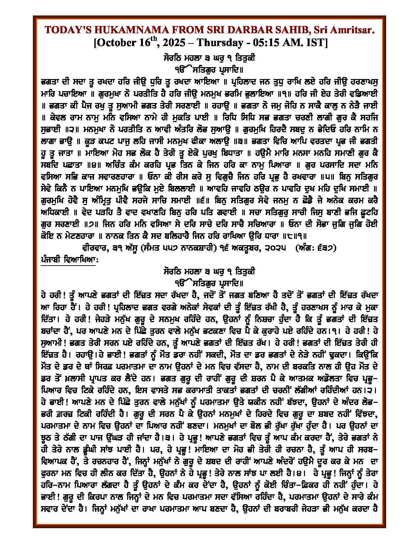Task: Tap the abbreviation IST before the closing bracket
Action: pos(315,43)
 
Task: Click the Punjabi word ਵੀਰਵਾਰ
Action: pos(96,248)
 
